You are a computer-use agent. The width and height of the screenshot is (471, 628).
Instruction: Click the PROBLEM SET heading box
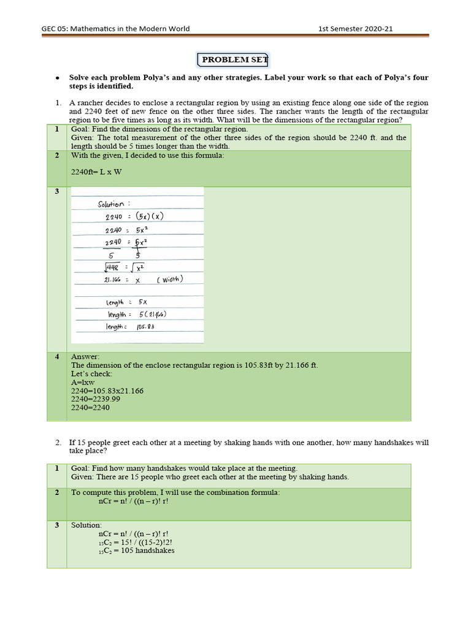233,59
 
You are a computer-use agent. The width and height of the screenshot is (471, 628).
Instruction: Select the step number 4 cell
56,356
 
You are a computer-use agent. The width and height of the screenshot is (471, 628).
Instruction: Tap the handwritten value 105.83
145,327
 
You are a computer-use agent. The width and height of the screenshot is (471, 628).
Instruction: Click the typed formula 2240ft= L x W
96,172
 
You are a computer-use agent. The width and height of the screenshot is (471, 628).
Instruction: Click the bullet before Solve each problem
57,78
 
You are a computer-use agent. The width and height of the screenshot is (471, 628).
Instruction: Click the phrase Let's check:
92,373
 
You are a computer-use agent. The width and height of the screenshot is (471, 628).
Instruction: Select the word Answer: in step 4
85,356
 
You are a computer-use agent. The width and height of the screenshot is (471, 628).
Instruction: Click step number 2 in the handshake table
56,492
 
